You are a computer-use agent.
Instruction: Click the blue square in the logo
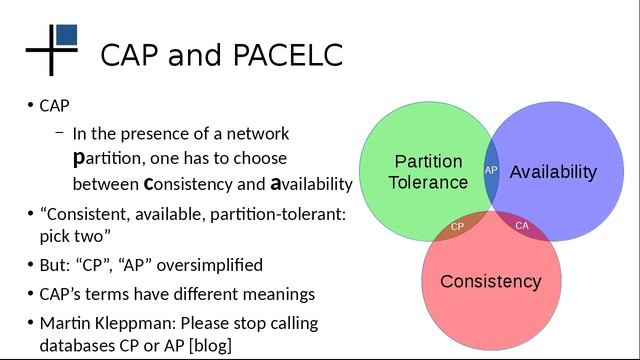[67, 35]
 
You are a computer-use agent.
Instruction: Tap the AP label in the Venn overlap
[491, 170]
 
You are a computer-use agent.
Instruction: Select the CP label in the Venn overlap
[457, 226]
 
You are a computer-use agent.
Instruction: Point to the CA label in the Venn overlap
[522, 226]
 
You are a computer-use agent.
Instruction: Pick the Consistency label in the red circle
[490, 281]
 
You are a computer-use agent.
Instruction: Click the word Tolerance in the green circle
[428, 182]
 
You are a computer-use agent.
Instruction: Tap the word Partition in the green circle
[428, 161]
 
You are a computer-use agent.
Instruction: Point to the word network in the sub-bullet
[258, 134]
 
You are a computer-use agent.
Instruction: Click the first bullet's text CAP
[54, 105]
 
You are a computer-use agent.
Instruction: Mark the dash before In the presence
[60, 133]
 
